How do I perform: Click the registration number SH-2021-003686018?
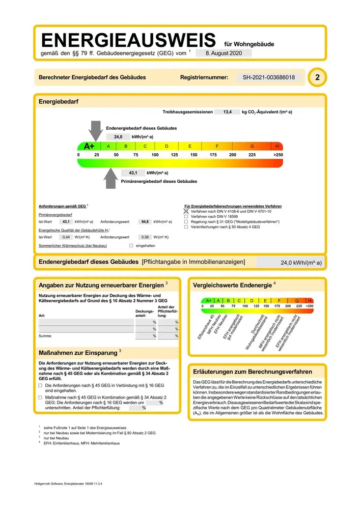pos(269,77)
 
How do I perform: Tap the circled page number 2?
pos(318,77)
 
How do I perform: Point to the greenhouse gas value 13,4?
pos(225,111)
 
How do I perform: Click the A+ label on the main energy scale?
pos(90,146)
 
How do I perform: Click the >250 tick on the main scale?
pos(278,154)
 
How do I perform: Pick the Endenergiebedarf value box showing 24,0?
pos(118,137)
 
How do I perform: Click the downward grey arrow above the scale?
pos(95,130)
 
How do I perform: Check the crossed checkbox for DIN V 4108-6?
pos(186,211)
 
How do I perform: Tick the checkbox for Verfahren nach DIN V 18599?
pos(186,216)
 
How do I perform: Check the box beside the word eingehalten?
pos(131,246)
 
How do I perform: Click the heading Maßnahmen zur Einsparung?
pos(78,352)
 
